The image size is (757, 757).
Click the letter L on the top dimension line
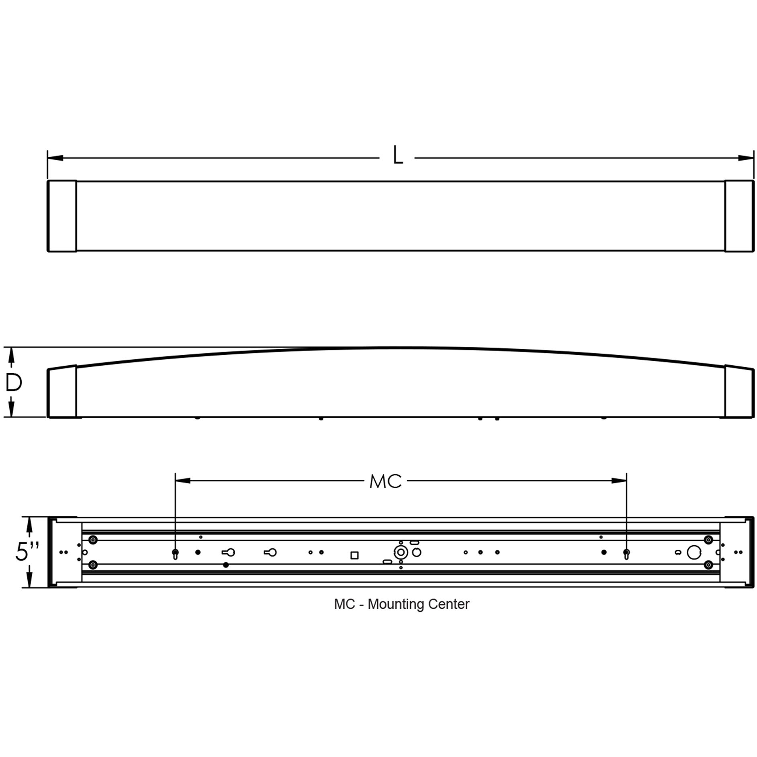(397, 155)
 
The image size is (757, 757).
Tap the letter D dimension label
(14, 383)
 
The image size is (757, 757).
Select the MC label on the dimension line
(385, 481)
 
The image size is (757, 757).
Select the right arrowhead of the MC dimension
(619, 481)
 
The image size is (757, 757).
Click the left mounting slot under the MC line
(175, 554)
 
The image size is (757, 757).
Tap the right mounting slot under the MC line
(626, 554)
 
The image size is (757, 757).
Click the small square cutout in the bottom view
(354, 555)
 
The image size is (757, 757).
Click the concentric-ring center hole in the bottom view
(401, 552)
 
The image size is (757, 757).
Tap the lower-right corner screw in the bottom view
(708, 565)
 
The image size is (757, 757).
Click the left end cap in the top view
(62, 216)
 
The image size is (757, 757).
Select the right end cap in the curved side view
(739, 391)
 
